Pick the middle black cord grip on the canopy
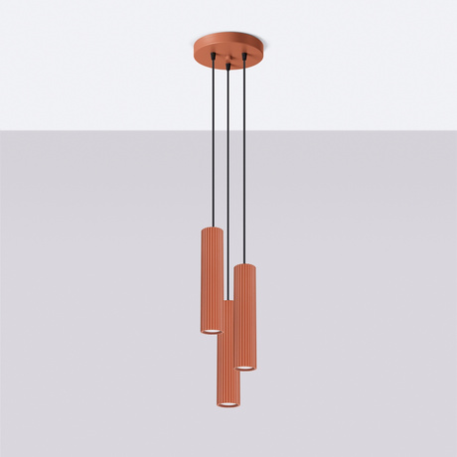point(229,67)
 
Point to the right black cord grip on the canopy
point(244,62)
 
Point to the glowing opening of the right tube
point(245,367)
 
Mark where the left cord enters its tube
point(213,228)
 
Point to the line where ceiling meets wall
point(99,128)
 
